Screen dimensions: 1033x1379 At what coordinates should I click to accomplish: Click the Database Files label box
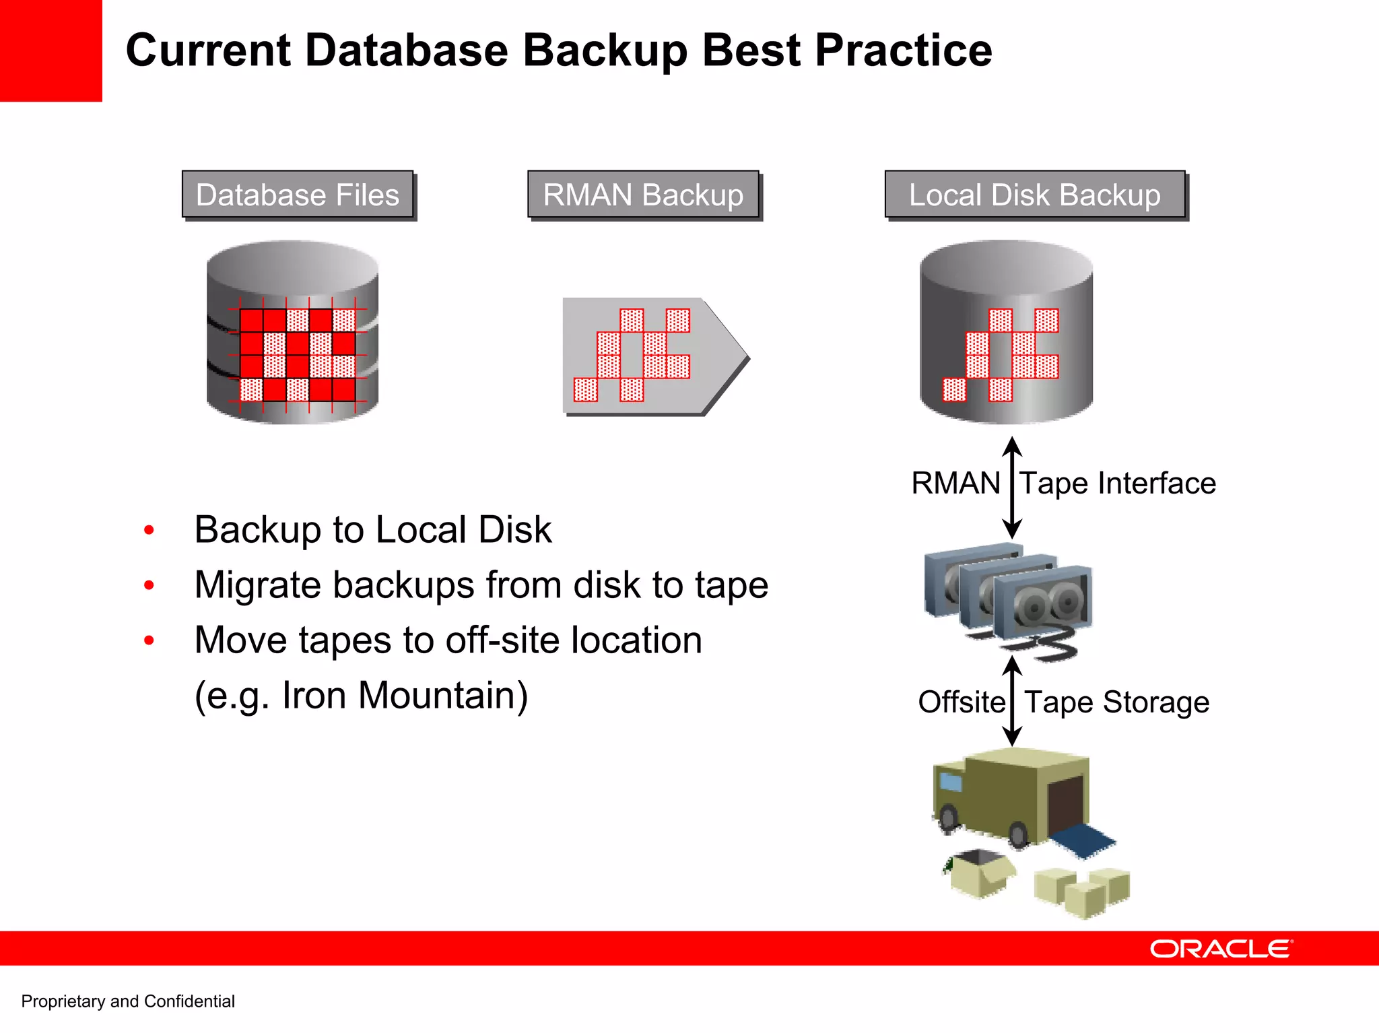click(x=298, y=195)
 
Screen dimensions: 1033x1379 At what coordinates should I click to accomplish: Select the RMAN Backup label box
click(x=643, y=195)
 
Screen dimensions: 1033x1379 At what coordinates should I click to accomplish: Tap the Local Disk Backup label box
click(x=1035, y=195)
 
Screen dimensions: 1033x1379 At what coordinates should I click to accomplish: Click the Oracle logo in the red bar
click(x=1221, y=949)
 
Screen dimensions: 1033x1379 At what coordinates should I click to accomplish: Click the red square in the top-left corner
click(x=51, y=51)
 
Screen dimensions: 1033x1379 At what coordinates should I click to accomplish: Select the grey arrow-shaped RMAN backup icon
click(x=653, y=356)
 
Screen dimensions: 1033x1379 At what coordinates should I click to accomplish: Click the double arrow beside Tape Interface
click(x=1012, y=488)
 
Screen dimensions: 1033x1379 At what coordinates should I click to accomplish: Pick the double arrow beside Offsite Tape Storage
click(x=1012, y=702)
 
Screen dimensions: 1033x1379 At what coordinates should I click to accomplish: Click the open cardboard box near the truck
click(x=980, y=873)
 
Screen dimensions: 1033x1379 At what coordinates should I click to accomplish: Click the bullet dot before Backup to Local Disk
click(x=149, y=530)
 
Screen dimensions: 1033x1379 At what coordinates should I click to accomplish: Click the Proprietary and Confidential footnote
click(x=128, y=1001)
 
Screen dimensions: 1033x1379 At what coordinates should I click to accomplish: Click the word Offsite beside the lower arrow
click(x=961, y=702)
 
